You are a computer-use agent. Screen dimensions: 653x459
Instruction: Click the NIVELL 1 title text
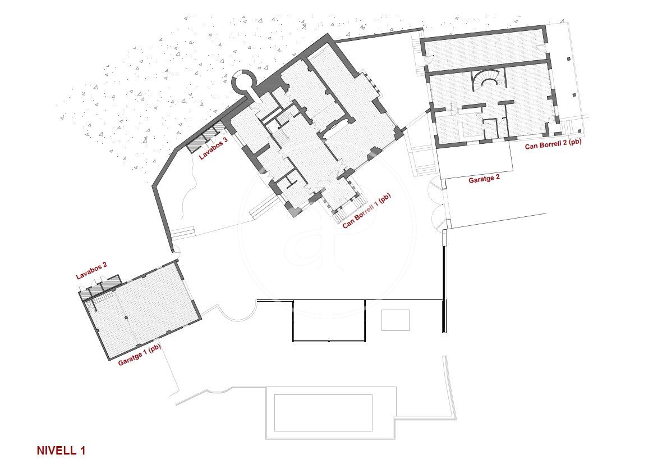(61, 450)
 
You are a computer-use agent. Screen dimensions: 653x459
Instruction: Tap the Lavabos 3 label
(213, 148)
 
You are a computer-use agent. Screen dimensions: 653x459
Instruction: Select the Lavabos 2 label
(91, 271)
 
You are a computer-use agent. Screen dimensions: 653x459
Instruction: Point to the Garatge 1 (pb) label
(140, 355)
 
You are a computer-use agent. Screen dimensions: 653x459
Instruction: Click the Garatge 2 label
(484, 179)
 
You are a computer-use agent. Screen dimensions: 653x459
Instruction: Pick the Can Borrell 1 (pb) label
(366, 211)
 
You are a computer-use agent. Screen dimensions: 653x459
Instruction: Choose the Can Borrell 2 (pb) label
(553, 144)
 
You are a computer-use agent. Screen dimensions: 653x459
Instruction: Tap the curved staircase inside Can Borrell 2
(486, 80)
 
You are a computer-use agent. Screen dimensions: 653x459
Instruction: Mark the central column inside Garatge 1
(127, 317)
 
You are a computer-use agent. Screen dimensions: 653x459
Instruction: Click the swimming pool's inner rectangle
(323, 413)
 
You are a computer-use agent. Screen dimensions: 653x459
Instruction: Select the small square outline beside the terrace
(395, 320)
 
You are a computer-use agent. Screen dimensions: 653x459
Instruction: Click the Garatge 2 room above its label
(476, 159)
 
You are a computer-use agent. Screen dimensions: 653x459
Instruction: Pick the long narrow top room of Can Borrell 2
(486, 52)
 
